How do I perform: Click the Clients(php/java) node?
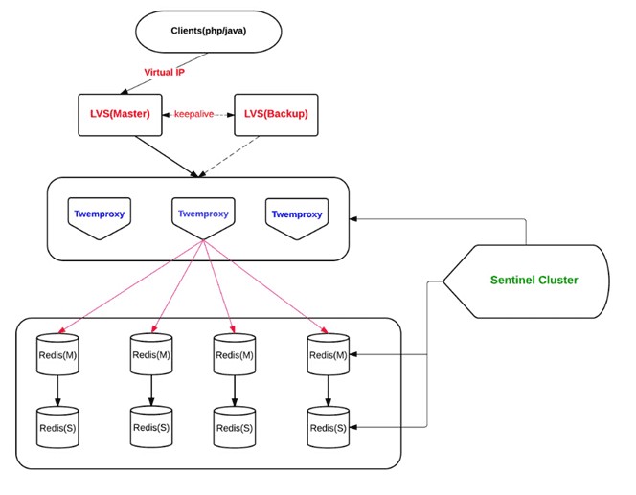pos(208,32)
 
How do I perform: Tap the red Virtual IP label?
pos(166,73)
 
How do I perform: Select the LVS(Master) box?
pos(122,114)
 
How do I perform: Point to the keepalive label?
pos(194,114)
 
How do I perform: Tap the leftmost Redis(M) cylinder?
pos(57,354)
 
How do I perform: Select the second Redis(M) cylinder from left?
pos(150,354)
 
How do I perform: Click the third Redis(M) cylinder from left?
pos(235,354)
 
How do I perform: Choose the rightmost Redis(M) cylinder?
pos(329,354)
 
